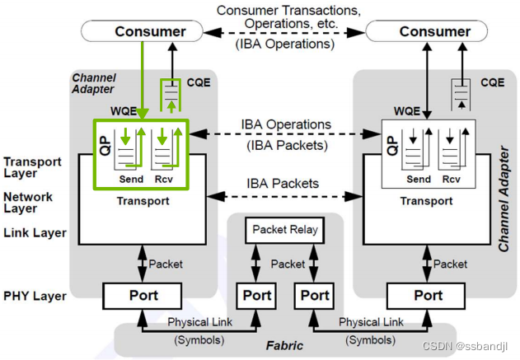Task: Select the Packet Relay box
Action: (285, 230)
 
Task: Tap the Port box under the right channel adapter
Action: (428, 295)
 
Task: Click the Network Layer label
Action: (29, 203)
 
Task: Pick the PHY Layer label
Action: (34, 294)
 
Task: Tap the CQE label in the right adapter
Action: (492, 82)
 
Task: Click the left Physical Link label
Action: (199, 321)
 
